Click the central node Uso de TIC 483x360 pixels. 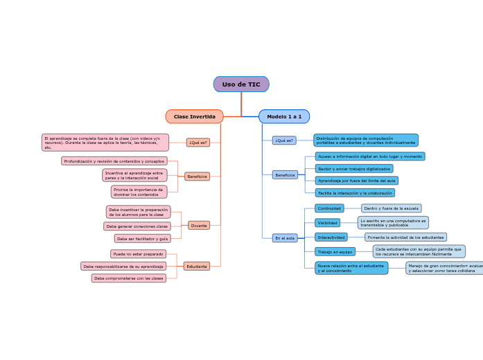pos(241,84)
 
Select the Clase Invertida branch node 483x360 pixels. pos(194,116)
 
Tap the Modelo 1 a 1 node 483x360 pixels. pos(284,116)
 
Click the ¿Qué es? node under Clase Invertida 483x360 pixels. pos(198,143)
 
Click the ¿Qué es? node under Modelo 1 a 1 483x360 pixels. pos(284,141)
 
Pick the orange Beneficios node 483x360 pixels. pos(197,177)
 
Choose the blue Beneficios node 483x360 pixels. pos(285,175)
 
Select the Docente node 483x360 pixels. pos(199,226)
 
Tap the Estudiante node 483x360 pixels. pos(197,267)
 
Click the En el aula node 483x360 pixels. pos(285,238)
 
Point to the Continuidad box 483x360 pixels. pos(329,208)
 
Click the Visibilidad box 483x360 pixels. pos(328,223)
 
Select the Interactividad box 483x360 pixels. pos(331,237)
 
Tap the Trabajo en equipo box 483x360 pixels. pos(335,252)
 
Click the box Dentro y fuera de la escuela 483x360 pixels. pos(391,208)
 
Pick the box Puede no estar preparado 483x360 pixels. pos(138,254)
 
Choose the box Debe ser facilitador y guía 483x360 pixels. pos(142,238)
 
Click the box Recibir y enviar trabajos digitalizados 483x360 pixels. pos(354,169)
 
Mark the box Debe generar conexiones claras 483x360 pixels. pos(137,226)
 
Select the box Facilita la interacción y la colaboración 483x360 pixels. pos(355,193)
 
